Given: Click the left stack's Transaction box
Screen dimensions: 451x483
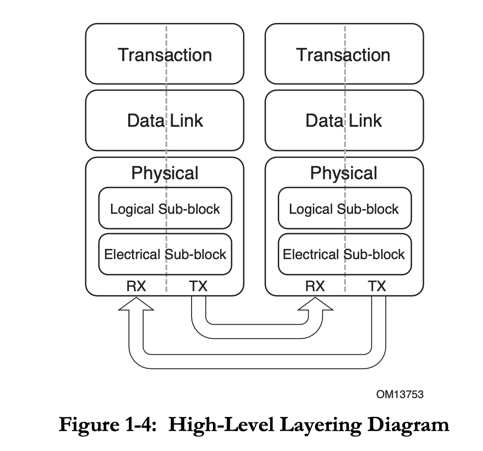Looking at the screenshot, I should click(165, 54).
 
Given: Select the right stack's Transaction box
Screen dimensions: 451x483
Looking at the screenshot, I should click(343, 54).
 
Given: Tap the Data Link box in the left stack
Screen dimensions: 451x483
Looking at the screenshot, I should click(165, 121).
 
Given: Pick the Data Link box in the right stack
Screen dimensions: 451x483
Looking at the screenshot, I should click(343, 121).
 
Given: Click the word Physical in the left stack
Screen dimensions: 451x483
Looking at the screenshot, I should click(165, 173).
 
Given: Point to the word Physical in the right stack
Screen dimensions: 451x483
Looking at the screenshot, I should click(343, 173).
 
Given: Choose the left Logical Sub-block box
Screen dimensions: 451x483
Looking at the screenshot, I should click(165, 209).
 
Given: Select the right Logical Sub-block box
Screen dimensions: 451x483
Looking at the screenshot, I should click(343, 209).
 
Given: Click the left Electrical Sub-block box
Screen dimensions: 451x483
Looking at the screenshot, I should click(165, 254).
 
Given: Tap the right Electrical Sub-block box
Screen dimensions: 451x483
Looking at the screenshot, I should click(343, 254).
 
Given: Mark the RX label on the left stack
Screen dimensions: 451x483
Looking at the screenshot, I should click(136, 286).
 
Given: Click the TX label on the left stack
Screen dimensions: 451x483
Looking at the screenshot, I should click(198, 286).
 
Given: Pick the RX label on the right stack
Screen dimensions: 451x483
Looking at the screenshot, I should click(315, 286).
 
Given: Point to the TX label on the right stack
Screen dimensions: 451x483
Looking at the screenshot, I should click(377, 286).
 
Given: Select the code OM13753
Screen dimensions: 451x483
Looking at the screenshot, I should click(400, 394).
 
